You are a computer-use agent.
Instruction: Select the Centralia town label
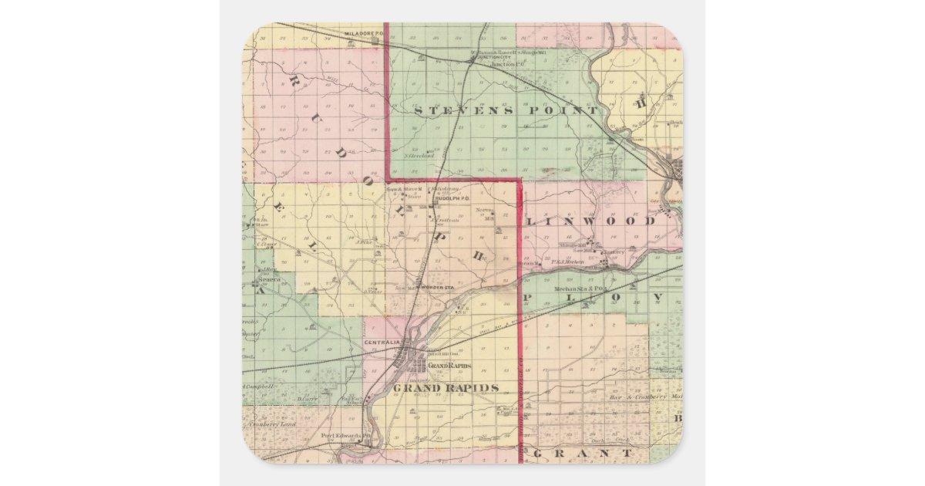(x=382, y=342)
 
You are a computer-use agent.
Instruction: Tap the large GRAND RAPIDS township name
(x=446, y=388)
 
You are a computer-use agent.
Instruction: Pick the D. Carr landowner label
(x=308, y=399)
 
